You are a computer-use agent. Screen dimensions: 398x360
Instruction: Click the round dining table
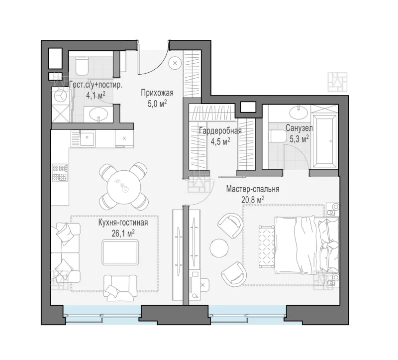click(x=123, y=187)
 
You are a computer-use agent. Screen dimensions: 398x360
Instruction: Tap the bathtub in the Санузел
click(x=325, y=141)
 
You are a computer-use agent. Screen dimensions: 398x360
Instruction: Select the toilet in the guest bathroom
click(x=82, y=66)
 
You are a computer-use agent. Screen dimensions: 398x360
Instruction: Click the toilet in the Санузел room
click(x=277, y=136)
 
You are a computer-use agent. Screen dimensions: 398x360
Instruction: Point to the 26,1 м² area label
click(x=123, y=233)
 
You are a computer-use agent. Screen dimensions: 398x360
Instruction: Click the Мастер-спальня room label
click(x=253, y=189)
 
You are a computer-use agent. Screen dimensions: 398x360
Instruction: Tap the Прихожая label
click(x=157, y=93)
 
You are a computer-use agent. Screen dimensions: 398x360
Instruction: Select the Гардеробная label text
click(x=220, y=131)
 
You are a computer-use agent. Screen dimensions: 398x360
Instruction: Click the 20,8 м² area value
click(x=253, y=200)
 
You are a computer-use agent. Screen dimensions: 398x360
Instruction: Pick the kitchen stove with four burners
click(x=60, y=173)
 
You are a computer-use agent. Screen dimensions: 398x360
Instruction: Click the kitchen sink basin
click(x=88, y=139)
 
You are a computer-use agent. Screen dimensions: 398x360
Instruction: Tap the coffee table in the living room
click(x=120, y=252)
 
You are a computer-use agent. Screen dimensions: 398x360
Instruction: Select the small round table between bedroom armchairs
click(x=219, y=247)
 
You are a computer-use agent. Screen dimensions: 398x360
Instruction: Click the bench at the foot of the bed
click(x=267, y=246)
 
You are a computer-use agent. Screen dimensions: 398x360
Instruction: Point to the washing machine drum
click(x=60, y=95)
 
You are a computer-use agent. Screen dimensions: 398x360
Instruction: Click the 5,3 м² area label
click(x=299, y=139)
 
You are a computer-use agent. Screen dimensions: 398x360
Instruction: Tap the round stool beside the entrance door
click(x=175, y=63)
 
